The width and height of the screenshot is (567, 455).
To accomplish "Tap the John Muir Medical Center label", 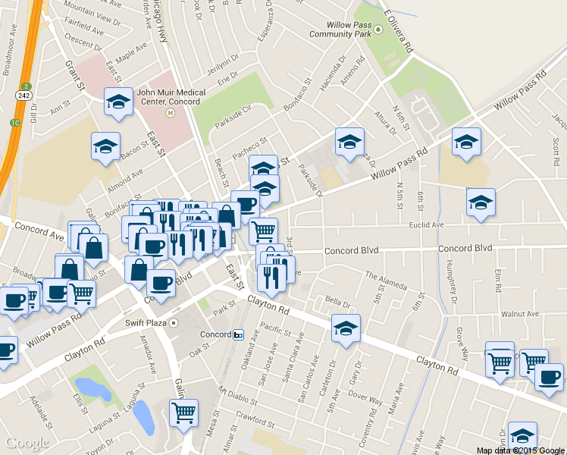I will (171, 98).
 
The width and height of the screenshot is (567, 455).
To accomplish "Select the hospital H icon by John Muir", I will (171, 113).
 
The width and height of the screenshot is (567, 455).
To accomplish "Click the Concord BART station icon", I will (238, 334).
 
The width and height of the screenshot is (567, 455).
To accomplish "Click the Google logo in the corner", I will (27, 443).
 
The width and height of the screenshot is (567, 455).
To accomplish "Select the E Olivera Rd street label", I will (399, 30).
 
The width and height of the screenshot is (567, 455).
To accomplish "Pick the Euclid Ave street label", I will (425, 225).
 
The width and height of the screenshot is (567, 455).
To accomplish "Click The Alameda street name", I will (386, 280).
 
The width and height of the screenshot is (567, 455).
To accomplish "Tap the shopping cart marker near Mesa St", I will (183, 413).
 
